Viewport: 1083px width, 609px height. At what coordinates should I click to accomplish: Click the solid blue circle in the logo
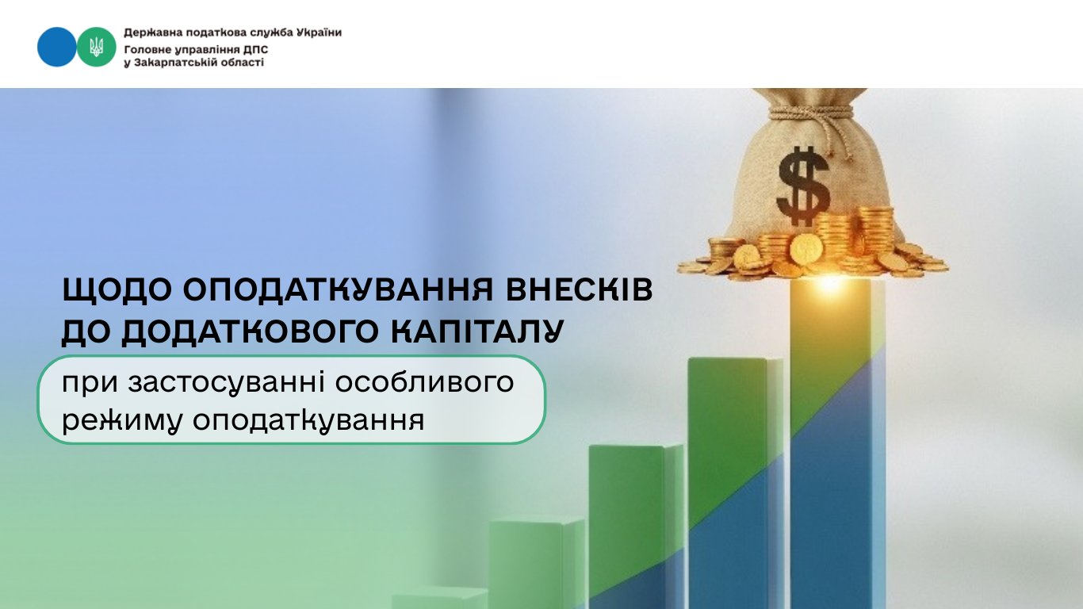[x=56, y=47]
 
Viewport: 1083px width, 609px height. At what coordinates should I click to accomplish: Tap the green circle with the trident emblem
[x=96, y=47]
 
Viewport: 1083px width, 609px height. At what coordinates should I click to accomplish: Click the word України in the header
[x=319, y=33]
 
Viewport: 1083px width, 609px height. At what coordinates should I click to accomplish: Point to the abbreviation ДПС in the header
[x=256, y=49]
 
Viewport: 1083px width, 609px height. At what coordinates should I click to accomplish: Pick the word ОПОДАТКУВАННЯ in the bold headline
[x=338, y=289]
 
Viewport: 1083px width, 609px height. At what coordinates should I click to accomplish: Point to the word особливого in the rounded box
[x=424, y=382]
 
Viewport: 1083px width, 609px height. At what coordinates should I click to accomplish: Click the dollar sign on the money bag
[x=804, y=186]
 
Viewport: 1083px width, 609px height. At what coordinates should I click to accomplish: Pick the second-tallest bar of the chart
[x=735, y=483]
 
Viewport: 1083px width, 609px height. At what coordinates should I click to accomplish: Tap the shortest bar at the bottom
[x=439, y=598]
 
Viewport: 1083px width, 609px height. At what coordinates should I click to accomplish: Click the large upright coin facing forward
[x=806, y=249]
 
